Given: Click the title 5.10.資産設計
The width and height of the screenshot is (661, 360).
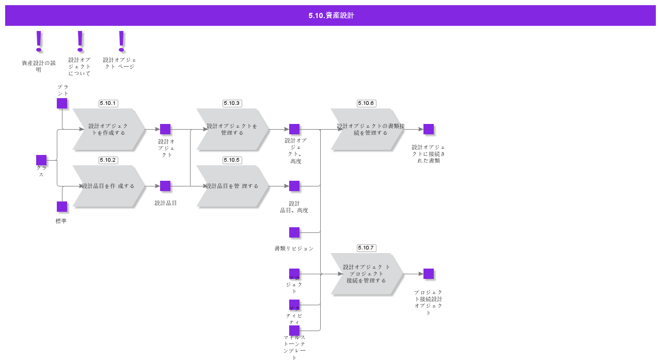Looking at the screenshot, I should [x=331, y=15].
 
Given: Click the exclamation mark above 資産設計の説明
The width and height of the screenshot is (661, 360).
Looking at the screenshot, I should [x=39, y=41].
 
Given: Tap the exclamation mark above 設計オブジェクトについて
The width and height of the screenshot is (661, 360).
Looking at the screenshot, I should [x=80, y=41].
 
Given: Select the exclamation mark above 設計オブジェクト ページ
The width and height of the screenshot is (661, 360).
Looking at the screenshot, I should [x=121, y=41].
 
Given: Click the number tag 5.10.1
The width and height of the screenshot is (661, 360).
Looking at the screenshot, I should [x=108, y=103].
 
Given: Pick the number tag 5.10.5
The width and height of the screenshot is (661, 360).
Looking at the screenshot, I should [x=232, y=160].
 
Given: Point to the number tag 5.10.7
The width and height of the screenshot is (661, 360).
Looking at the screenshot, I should [x=366, y=248].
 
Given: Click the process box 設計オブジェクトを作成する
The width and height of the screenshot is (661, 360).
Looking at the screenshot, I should [x=108, y=129].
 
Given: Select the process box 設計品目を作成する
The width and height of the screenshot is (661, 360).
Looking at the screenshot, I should [x=108, y=186].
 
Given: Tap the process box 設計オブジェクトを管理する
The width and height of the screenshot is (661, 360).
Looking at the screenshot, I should [x=232, y=129].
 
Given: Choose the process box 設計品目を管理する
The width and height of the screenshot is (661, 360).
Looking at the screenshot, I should [x=232, y=186].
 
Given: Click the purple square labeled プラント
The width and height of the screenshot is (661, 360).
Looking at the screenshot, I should [x=62, y=103].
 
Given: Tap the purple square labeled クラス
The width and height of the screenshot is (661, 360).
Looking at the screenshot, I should [x=41, y=160].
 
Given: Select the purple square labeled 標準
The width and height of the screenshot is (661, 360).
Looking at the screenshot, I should [x=62, y=207].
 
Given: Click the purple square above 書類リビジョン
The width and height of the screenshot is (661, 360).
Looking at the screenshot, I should [x=294, y=232].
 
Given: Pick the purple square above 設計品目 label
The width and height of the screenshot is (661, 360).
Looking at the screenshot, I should [x=165, y=186].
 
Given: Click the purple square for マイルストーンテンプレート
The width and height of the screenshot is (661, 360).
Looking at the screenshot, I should [x=294, y=331].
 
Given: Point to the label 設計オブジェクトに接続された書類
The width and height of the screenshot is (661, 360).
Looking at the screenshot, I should [x=429, y=154].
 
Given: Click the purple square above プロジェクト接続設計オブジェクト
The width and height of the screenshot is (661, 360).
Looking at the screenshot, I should [x=429, y=274].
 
